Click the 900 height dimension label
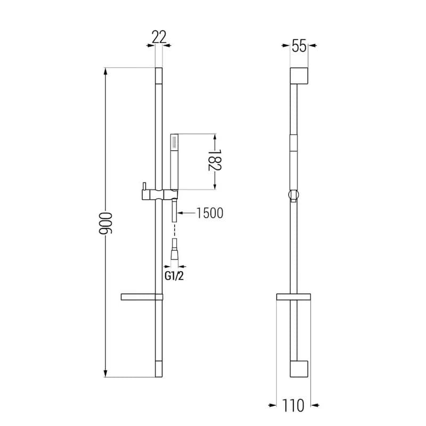click(x=105, y=223)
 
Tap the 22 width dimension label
click(x=159, y=37)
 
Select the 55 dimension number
click(x=299, y=46)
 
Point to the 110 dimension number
click(x=293, y=406)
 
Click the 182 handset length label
click(x=215, y=160)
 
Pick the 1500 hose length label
click(x=210, y=212)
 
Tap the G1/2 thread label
click(x=174, y=276)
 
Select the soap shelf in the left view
click(x=142, y=297)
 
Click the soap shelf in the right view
click(x=293, y=297)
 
